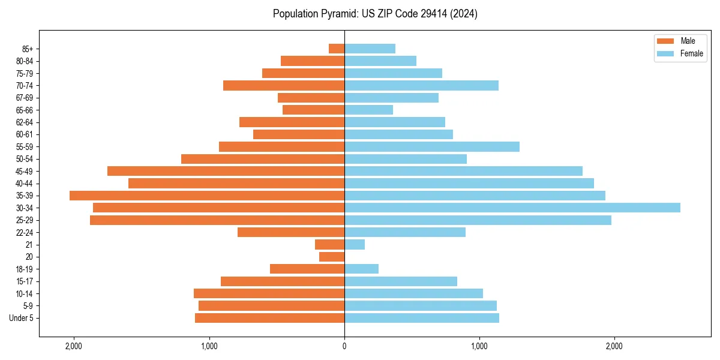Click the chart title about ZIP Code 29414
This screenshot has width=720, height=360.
375,14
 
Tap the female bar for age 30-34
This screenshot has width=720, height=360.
512,208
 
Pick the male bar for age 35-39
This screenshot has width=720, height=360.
207,196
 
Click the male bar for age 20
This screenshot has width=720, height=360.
332,257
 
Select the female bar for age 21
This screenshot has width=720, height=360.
355,245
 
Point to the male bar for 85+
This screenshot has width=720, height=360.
337,49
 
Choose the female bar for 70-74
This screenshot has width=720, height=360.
421,86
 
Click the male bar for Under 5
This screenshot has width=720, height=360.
269,318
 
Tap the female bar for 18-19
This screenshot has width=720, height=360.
361,269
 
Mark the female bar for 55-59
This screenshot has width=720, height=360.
432,146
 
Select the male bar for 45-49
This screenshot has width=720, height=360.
226,171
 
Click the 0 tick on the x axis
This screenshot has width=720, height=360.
344,346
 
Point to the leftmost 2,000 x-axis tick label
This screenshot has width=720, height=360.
74,346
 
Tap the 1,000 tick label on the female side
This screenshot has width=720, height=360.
479,346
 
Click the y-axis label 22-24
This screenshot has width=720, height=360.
25,233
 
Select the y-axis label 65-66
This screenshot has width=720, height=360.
25,110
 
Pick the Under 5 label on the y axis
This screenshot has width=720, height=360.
22,318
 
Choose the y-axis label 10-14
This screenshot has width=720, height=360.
25,294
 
